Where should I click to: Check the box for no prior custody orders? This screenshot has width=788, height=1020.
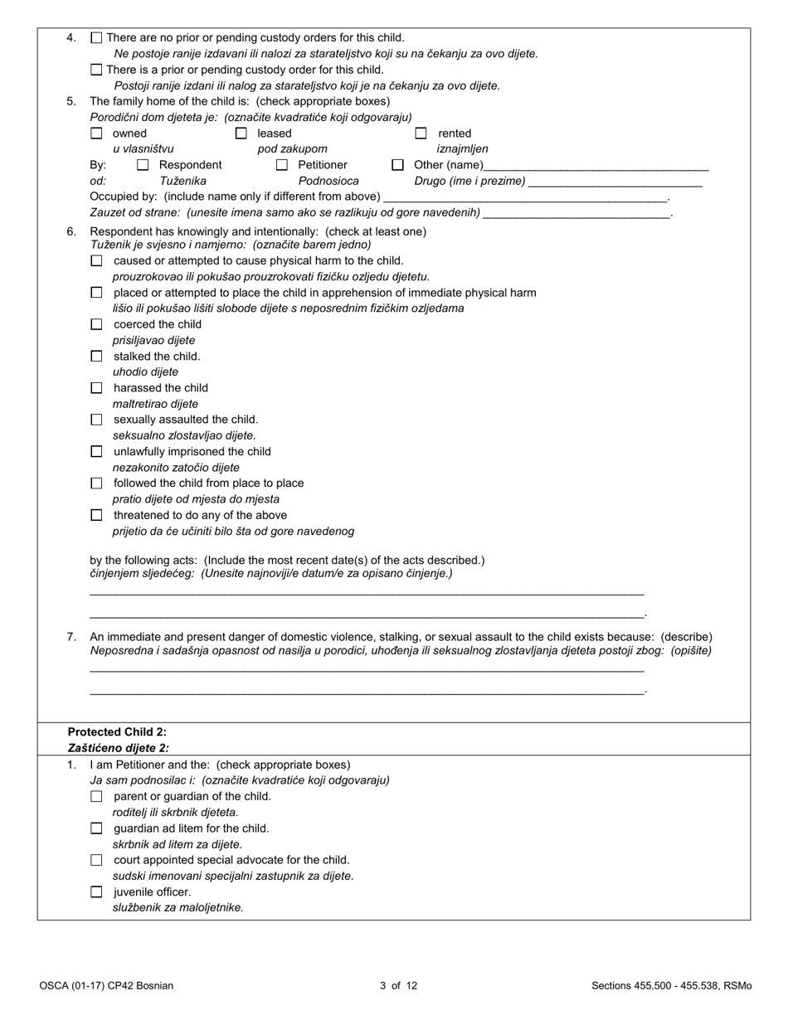point(96,37)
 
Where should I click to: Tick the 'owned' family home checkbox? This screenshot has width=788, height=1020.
point(96,133)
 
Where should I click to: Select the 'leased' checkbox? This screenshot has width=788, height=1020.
point(241,133)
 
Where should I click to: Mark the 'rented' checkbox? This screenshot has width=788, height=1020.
point(421,133)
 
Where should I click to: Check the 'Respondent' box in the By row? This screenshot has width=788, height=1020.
point(143,165)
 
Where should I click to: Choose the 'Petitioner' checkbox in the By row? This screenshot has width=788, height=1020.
point(282,165)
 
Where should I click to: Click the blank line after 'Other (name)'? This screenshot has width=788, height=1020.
point(596,165)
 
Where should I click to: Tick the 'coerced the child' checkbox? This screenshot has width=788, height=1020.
point(96,324)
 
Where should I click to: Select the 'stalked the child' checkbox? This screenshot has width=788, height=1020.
point(96,357)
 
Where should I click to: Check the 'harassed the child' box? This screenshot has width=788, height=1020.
point(96,388)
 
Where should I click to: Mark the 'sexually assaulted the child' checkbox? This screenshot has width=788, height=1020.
point(96,420)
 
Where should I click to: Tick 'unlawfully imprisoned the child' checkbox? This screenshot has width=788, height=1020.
point(96,452)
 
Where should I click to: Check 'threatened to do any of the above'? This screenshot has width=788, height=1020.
point(96,515)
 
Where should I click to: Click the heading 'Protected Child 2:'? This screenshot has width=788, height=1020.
point(117,731)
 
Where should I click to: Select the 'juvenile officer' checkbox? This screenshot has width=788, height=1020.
point(96,892)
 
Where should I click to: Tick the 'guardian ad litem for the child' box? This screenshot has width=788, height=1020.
point(96,828)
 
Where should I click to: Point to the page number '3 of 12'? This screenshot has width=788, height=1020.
point(398,986)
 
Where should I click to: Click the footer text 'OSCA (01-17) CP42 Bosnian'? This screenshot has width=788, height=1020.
point(106,986)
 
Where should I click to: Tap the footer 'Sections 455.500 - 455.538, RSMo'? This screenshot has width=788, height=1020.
point(671,986)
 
